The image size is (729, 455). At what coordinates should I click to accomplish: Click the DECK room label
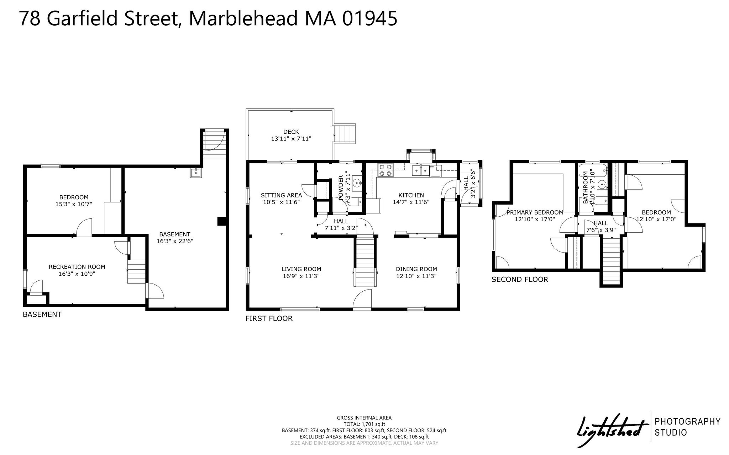pyautogui.click(x=291, y=132)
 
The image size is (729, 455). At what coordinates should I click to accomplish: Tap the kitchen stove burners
pyautogui.click(x=385, y=170)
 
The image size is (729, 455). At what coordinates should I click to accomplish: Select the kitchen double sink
pyautogui.click(x=421, y=171)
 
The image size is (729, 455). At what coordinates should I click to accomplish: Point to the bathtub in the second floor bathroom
pyautogui.click(x=593, y=171)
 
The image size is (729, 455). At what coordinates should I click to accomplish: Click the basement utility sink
pyautogui.click(x=195, y=173)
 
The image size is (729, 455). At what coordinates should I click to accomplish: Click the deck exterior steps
pyautogui.click(x=346, y=133)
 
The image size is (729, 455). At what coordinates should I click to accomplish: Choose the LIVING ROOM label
pyautogui.click(x=301, y=269)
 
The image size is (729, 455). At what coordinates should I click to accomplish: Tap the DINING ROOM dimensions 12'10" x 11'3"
pyautogui.click(x=416, y=276)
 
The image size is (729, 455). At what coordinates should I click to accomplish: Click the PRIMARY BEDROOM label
pyautogui.click(x=535, y=212)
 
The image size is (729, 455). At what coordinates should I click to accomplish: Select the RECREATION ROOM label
pyautogui.click(x=77, y=267)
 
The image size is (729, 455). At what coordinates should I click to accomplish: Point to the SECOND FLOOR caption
pyautogui.click(x=520, y=280)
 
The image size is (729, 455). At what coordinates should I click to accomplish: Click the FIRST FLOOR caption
pyautogui.click(x=269, y=319)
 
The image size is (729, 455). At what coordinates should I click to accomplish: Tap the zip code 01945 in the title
pyautogui.click(x=369, y=18)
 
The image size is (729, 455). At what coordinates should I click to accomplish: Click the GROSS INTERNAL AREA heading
pyautogui.click(x=364, y=418)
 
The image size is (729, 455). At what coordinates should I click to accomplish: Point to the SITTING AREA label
pyautogui.click(x=281, y=195)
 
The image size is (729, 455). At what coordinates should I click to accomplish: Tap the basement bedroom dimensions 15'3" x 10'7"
pyautogui.click(x=74, y=204)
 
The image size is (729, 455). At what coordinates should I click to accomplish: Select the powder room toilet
pyautogui.click(x=354, y=202)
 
